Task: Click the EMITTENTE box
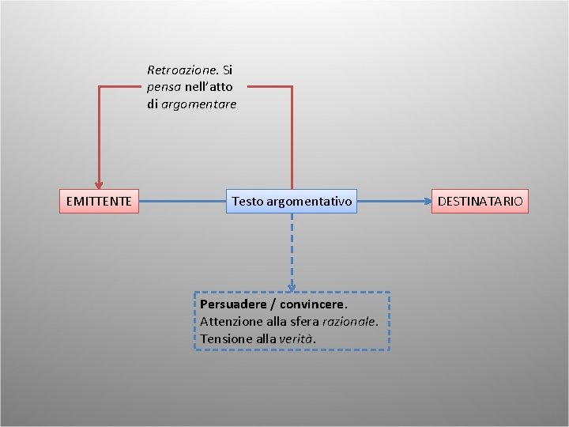99,202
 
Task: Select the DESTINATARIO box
480,202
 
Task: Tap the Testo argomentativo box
292,202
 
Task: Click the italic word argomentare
198,104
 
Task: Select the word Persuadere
233,304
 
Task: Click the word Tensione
224,338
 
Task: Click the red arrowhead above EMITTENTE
99,185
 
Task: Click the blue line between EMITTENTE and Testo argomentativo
182,202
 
